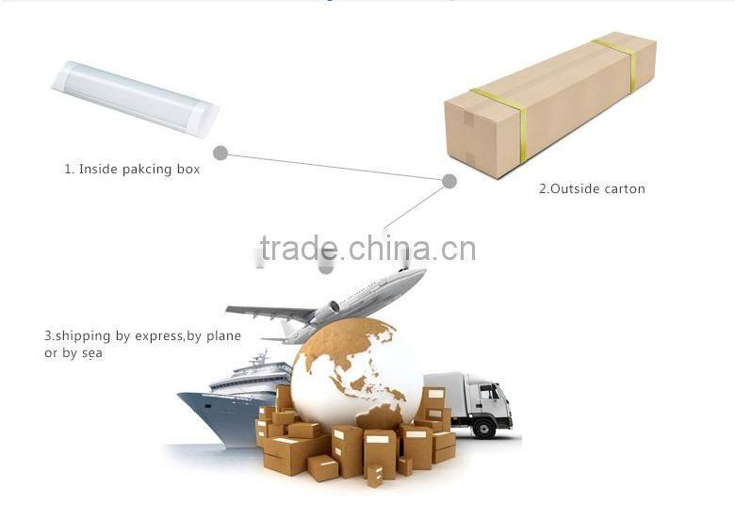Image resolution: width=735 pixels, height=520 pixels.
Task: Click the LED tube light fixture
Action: pyautogui.click(x=135, y=98)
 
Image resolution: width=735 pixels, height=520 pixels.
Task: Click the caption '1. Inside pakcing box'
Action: pyautogui.click(x=132, y=170)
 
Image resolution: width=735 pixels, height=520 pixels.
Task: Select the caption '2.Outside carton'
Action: pyautogui.click(x=592, y=188)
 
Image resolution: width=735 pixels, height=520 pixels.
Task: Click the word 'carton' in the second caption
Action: pyautogui.click(x=623, y=188)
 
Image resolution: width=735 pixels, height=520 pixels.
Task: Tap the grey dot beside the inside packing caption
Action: pyautogui.click(x=220, y=153)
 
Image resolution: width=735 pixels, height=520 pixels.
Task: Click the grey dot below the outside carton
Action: pyautogui.click(x=449, y=180)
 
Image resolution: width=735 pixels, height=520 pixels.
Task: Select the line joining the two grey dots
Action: pyautogui.click(x=335, y=167)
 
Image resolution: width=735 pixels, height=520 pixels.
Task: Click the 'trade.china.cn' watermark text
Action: pyautogui.click(x=367, y=249)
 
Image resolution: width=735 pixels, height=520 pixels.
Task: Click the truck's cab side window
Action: pyautogui.click(x=490, y=391)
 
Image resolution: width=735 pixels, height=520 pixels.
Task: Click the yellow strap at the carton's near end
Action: pyautogui.click(x=500, y=132)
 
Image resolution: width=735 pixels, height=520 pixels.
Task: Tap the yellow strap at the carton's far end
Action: pyautogui.click(x=617, y=62)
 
